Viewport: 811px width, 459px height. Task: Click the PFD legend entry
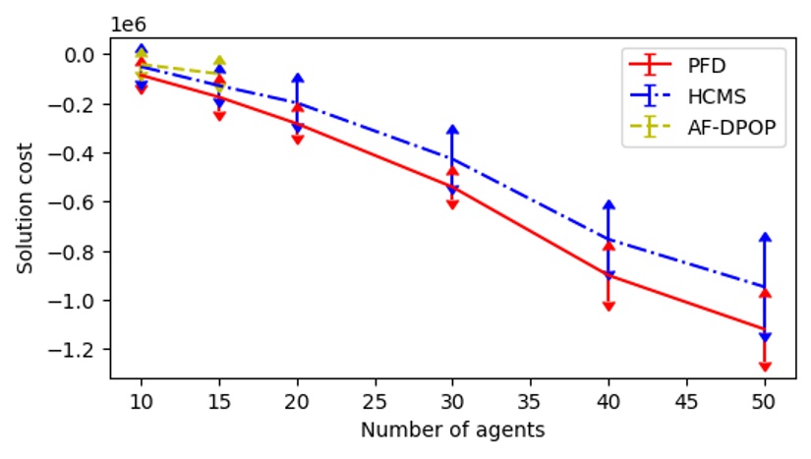pyautogui.click(x=703, y=66)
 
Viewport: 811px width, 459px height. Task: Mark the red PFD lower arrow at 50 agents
pyautogui.click(x=765, y=367)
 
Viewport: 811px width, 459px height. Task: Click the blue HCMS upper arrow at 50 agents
pyautogui.click(x=765, y=237)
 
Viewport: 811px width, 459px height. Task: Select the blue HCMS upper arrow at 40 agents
pyautogui.click(x=608, y=204)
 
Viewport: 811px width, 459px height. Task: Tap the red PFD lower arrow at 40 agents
pyautogui.click(x=608, y=306)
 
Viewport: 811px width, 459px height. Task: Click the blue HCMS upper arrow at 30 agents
pyautogui.click(x=452, y=129)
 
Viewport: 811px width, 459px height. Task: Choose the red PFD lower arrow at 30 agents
pyautogui.click(x=452, y=204)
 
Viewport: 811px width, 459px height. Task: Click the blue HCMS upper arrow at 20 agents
pyautogui.click(x=297, y=78)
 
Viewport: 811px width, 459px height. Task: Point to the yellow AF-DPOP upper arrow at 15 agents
pyautogui.click(x=219, y=61)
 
